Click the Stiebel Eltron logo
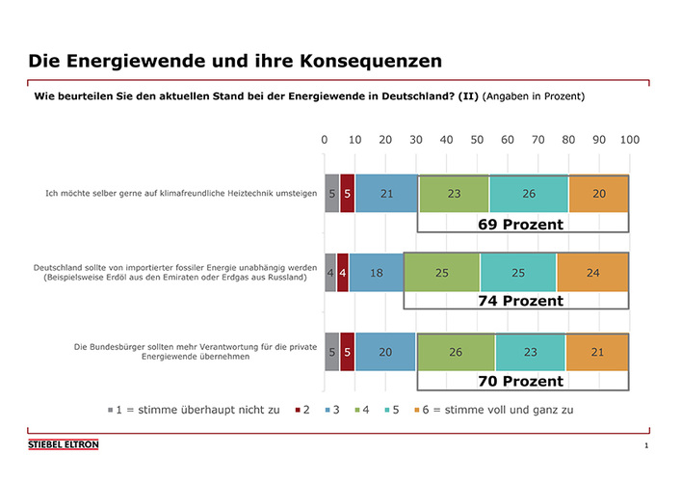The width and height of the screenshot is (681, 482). (63, 444)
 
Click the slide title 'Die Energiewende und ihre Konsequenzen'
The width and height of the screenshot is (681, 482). (235, 60)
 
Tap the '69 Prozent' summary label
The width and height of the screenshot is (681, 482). (520, 224)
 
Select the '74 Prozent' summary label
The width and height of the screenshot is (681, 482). (520, 301)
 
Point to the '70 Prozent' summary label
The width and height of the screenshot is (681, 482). (520, 381)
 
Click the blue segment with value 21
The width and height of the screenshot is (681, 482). (386, 194)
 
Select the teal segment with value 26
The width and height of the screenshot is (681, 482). (529, 194)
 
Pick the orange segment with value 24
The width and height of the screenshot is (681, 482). (592, 273)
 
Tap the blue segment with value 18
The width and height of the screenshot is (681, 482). (376, 273)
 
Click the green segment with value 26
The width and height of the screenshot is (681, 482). (455, 352)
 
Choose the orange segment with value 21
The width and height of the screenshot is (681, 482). (597, 352)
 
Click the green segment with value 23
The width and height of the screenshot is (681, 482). (454, 194)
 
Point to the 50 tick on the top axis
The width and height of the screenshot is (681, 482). (477, 141)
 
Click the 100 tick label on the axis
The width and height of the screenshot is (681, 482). (629, 141)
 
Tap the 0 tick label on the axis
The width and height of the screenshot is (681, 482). (325, 141)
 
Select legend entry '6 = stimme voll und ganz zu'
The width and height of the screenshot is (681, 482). (497, 410)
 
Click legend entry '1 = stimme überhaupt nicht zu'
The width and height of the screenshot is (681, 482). (194, 410)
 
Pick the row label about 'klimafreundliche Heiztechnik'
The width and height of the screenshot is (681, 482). (181, 194)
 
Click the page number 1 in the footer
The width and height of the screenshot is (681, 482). (646, 446)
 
